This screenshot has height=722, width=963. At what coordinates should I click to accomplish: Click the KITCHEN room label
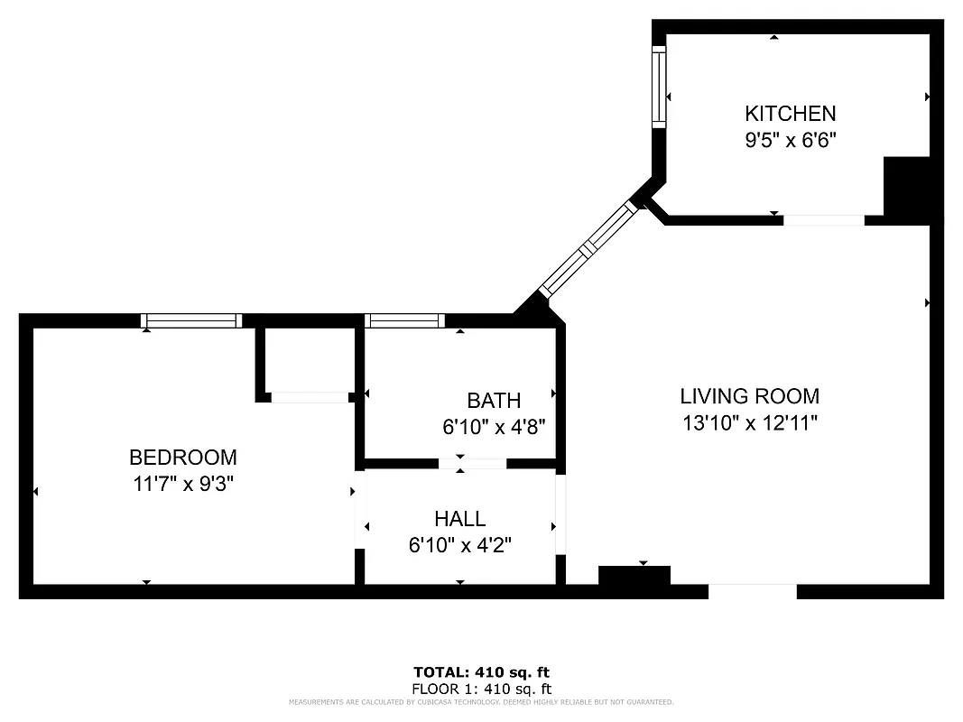pyautogui.click(x=790, y=114)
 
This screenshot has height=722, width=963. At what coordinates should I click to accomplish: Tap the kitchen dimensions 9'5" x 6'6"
pyautogui.click(x=790, y=140)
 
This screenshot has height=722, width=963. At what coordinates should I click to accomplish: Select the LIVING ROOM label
pyautogui.click(x=749, y=395)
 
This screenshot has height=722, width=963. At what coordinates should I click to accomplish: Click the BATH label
pyautogui.click(x=494, y=401)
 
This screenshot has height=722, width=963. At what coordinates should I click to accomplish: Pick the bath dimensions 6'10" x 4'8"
pyautogui.click(x=494, y=426)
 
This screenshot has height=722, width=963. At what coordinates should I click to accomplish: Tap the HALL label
pyautogui.click(x=459, y=519)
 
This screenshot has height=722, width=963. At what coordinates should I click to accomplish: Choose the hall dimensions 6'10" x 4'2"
pyautogui.click(x=459, y=545)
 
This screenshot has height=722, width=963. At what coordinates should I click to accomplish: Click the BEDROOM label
pyautogui.click(x=183, y=458)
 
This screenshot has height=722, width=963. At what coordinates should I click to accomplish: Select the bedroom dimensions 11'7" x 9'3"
pyautogui.click(x=183, y=484)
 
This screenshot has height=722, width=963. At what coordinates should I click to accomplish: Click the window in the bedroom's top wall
pyautogui.click(x=191, y=320)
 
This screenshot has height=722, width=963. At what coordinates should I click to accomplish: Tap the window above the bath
pyautogui.click(x=404, y=320)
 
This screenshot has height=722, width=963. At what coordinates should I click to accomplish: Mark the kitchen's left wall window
pyautogui.click(x=659, y=87)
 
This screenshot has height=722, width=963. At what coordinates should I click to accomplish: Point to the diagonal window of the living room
pyautogui.click(x=588, y=248)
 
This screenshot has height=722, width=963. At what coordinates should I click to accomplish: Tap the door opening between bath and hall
pyautogui.click(x=472, y=464)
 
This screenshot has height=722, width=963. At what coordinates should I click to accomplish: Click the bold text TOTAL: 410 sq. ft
pyautogui.click(x=481, y=672)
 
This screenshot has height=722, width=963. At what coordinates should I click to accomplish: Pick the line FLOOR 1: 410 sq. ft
pyautogui.click(x=481, y=688)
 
